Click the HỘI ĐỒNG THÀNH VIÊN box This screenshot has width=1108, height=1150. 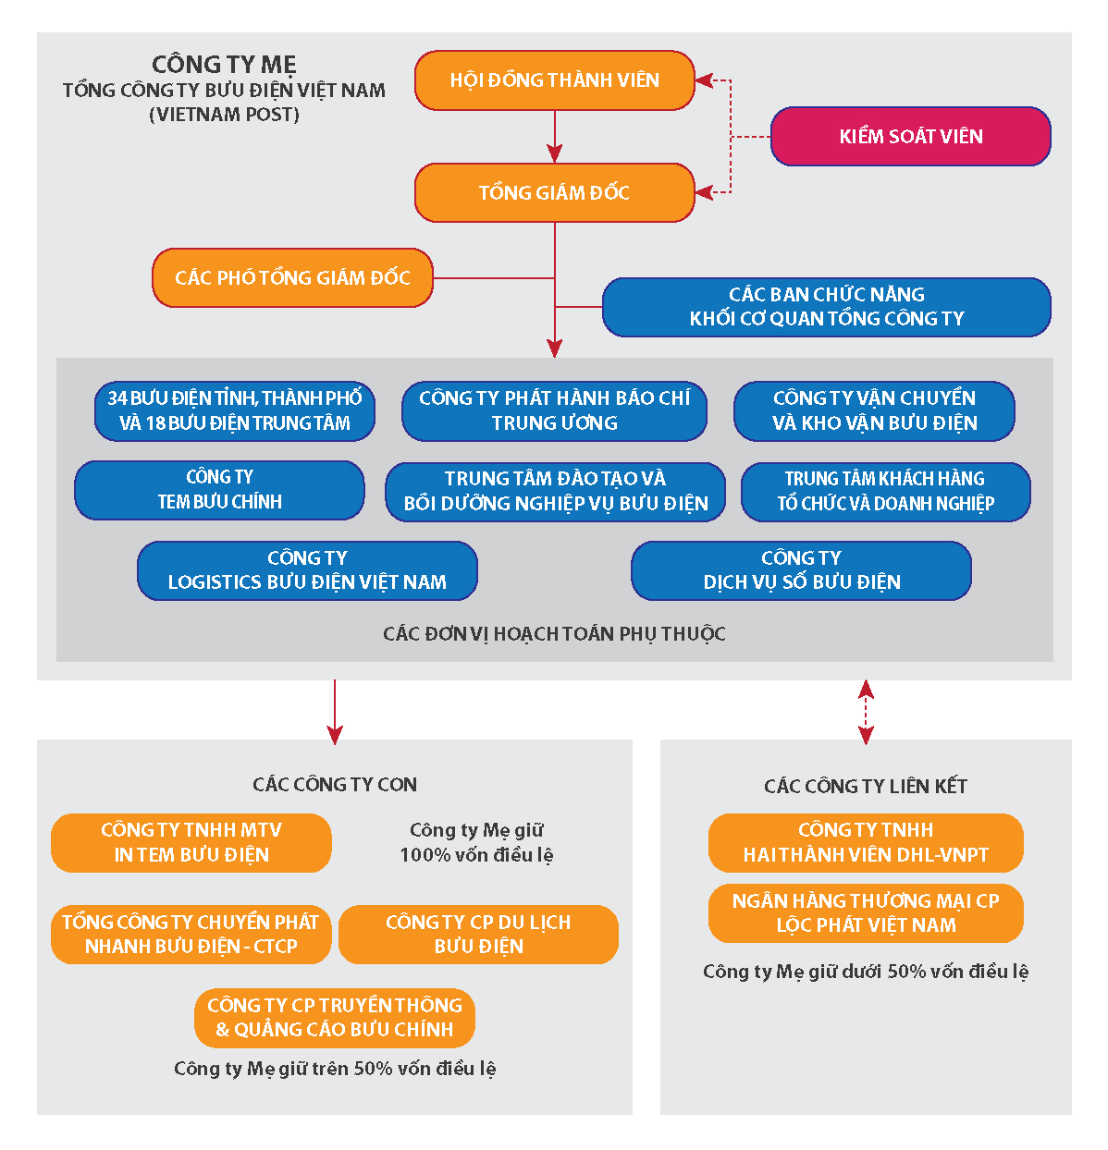pos(554,80)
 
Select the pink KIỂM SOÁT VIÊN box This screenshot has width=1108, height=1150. pos(910,137)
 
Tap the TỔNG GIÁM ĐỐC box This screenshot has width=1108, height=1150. pos(554,193)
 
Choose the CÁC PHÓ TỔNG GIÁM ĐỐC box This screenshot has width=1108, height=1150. pos(292,277)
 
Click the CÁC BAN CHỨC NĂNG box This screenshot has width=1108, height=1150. pos(826,307)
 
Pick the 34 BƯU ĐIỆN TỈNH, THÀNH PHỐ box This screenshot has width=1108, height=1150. pos(235,410)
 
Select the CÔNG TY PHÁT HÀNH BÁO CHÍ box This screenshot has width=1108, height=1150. pos(554,410)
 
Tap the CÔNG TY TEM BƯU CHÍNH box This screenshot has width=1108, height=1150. pos(219,490)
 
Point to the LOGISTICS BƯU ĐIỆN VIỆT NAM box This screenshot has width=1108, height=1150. pos(307,570)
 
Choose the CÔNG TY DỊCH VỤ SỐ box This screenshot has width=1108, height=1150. pos(801,570)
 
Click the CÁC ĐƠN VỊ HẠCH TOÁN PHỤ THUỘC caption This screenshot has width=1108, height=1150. pos(554,634)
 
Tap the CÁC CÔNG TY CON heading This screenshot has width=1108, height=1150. pos(335,785)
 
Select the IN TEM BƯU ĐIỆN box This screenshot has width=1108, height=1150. pos(191,842)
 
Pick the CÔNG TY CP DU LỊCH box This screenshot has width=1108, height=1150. pos(478,935)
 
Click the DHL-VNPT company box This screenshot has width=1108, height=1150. pos(866,842)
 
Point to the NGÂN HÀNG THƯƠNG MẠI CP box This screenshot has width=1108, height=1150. pos(866,913)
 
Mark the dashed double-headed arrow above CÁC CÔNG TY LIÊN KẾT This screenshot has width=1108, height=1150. pos(866,712)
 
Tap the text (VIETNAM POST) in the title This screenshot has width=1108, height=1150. pos(224,115)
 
